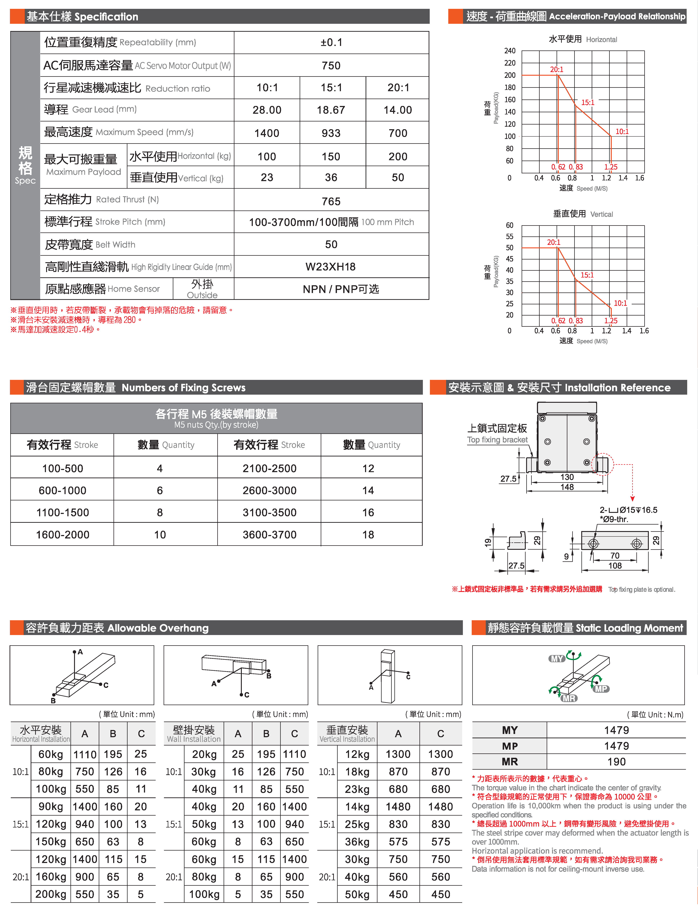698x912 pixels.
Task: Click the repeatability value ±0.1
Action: pos(331,42)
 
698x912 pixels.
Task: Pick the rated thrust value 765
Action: pos(331,201)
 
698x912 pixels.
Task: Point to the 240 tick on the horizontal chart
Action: pos(510,51)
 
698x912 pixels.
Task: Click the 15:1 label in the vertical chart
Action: pos(587,275)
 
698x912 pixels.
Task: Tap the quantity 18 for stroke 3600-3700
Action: pos(368,535)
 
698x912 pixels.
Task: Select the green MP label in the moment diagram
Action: pos(601,689)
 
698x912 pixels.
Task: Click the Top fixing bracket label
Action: pos(497,440)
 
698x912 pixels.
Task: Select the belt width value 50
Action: pos(331,244)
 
